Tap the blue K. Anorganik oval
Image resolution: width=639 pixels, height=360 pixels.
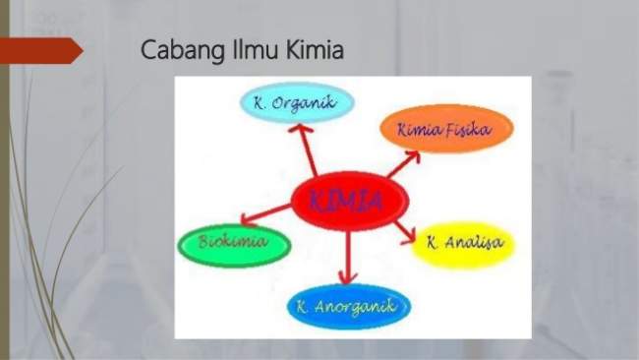tap(349, 308)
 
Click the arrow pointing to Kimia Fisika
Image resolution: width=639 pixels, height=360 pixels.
tap(404, 160)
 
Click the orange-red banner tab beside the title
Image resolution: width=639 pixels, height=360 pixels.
tap(39, 49)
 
